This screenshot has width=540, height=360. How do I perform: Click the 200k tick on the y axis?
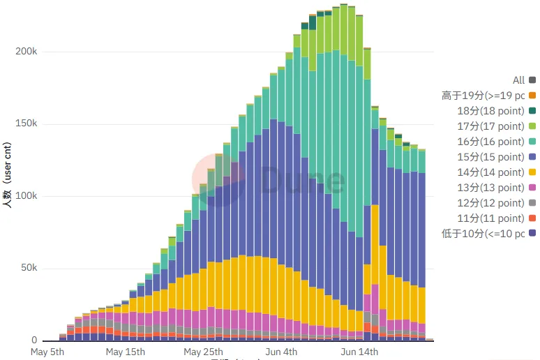click(x=25, y=52)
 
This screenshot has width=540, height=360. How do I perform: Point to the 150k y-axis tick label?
click(x=25, y=124)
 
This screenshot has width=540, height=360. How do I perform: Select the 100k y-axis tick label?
click(x=25, y=196)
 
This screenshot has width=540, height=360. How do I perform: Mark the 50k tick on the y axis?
click(x=28, y=269)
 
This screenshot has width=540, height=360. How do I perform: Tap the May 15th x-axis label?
click(x=126, y=352)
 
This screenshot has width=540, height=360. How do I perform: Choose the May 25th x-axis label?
click(x=203, y=352)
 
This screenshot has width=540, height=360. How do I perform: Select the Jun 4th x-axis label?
click(x=280, y=352)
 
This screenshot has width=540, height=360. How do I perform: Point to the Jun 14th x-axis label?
click(x=359, y=352)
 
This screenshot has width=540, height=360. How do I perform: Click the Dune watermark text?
click(x=301, y=181)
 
